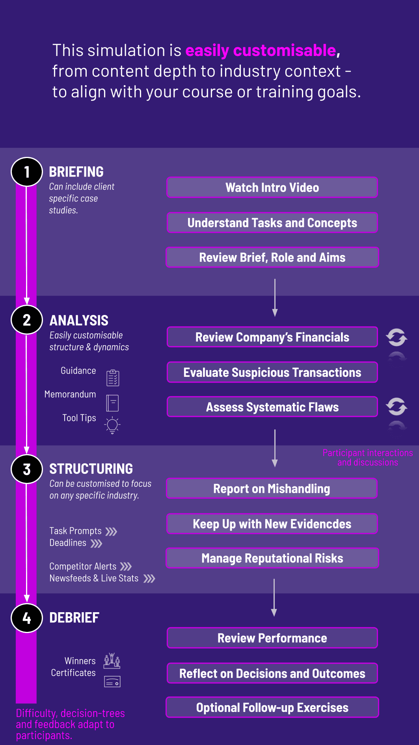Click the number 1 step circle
[27, 172]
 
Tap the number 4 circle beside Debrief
[27, 618]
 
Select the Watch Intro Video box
[272, 188]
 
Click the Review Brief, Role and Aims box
[272, 257]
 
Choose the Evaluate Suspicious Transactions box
[272, 372]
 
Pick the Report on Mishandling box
[272, 489]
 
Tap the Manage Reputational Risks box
[272, 558]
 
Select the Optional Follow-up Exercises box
[272, 708]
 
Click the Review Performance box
[272, 638]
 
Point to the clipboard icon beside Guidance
[113, 378]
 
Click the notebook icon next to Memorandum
[112, 403]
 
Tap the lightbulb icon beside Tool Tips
[112, 425]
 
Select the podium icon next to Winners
[112, 661]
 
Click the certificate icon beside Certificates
[112, 682]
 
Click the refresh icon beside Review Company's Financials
[397, 337]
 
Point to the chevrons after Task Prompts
[112, 531]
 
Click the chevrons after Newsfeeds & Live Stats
[149, 579]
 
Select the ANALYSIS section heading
[79, 320]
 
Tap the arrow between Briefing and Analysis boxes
[275, 298]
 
